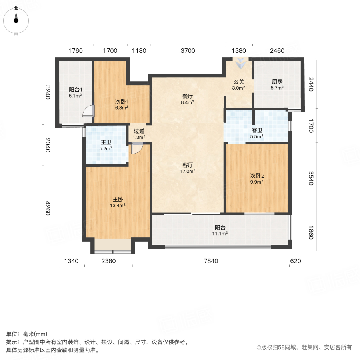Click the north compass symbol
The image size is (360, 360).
tap(16, 19)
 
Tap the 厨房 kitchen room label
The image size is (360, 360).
tap(277, 81)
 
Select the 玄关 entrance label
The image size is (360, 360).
tap(239, 81)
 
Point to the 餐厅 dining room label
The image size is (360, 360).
tap(188, 96)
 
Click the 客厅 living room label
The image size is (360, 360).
tap(188, 165)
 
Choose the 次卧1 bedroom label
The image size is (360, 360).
tap(121, 101)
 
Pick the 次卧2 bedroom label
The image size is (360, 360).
tap(256, 175)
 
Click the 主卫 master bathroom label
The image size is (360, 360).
tap(106, 142)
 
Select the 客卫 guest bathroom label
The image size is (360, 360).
tap(257, 130)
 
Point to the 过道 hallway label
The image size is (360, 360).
tap(139, 131)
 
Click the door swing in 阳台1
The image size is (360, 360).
tap(88, 111)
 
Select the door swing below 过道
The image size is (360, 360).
tap(137, 148)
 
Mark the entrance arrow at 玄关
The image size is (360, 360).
tap(241, 63)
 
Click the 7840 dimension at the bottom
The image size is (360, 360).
tap(211, 261)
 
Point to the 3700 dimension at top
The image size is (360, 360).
tap(188, 51)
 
